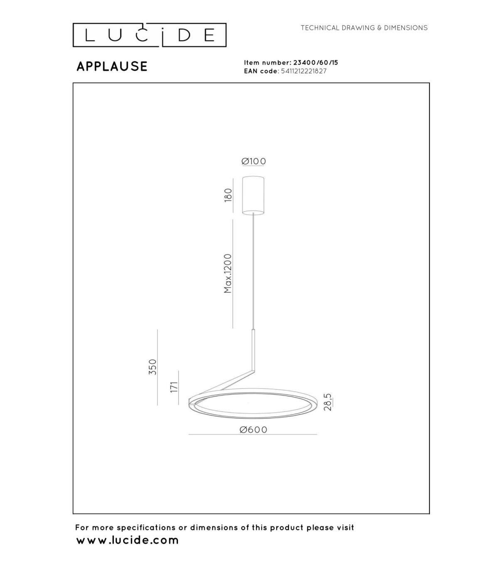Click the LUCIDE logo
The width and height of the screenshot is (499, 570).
pyautogui.click(x=149, y=35)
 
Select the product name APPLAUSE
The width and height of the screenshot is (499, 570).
pyautogui.click(x=112, y=66)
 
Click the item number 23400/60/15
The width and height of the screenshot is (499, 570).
pyautogui.click(x=316, y=63)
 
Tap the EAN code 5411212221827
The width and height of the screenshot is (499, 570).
pyautogui.click(x=304, y=71)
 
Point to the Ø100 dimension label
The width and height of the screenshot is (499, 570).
pyautogui.click(x=253, y=161)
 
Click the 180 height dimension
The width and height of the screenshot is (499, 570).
pyautogui.click(x=228, y=195)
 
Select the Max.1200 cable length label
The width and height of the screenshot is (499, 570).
pyautogui.click(x=228, y=273)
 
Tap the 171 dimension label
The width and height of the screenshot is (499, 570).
pyautogui.click(x=174, y=387)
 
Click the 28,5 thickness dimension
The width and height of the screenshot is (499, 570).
pyautogui.click(x=328, y=402)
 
